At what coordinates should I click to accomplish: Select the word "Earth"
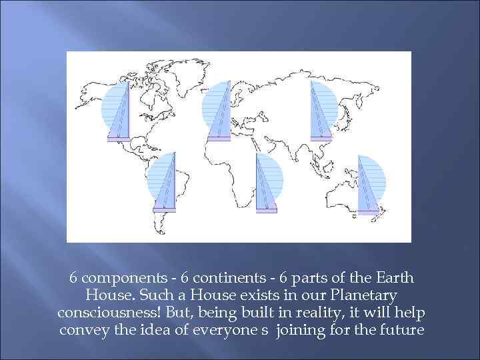point(395,277)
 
